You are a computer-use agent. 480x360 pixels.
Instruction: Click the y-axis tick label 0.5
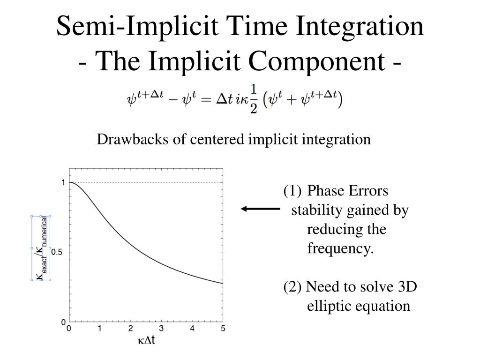[x=57, y=252]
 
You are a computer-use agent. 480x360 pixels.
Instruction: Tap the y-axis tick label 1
[x=63, y=182]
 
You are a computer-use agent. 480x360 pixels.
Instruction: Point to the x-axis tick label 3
[x=161, y=329]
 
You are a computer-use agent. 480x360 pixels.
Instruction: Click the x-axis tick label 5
[x=223, y=329]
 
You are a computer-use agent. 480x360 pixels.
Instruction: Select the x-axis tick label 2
[x=130, y=329]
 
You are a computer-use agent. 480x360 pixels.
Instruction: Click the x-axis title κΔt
[x=146, y=340]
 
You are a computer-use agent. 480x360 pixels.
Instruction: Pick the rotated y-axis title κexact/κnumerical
[x=42, y=248]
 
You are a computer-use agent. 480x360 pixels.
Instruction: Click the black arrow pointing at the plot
[x=260, y=209]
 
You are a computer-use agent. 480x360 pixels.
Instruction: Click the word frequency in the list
[x=340, y=248]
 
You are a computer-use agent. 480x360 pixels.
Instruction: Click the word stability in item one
[x=317, y=210]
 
